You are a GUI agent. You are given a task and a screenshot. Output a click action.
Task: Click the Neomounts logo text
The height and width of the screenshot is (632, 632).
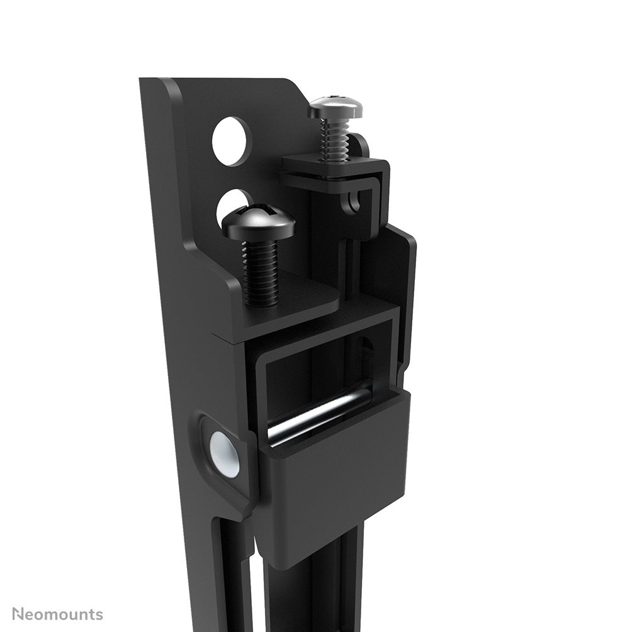57,614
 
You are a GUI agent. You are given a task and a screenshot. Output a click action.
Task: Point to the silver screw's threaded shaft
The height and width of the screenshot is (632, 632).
333,139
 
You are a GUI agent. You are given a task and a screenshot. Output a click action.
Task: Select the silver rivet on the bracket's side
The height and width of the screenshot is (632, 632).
225,453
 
